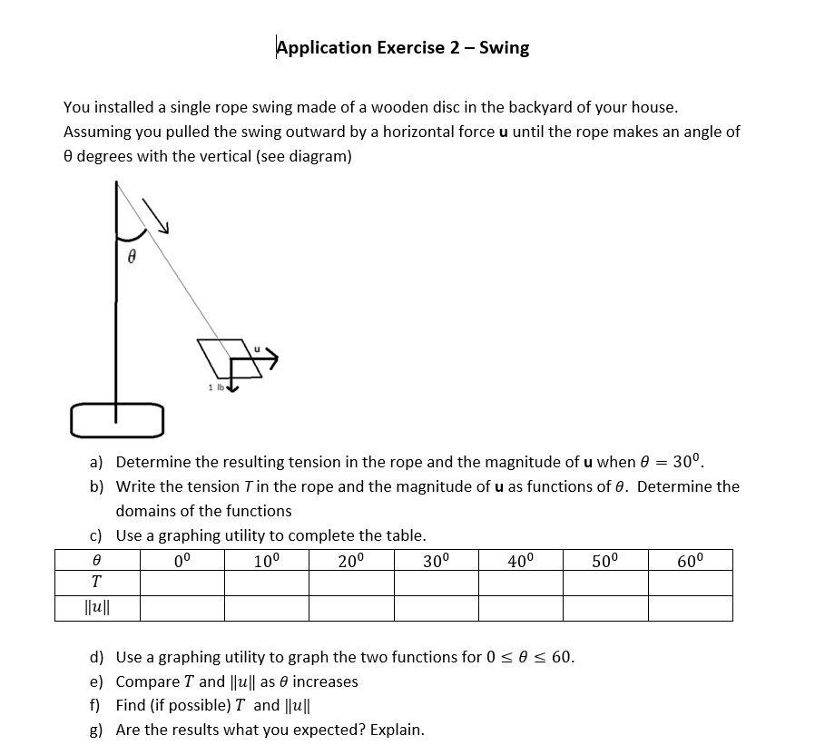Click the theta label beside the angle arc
133,258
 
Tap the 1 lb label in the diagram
215,387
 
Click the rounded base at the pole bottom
116,419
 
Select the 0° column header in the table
182,560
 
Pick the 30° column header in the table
436,560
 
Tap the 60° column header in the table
690,560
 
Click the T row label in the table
96,583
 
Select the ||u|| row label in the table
96,608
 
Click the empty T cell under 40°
520,583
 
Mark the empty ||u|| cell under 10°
266,608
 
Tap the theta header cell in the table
96,560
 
